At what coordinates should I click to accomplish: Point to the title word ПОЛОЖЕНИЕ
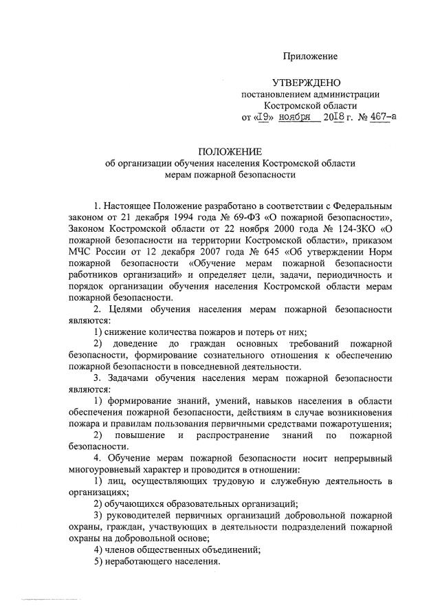[230, 151]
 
